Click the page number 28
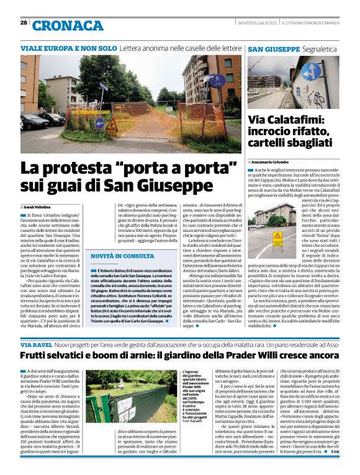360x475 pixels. pos(23,23)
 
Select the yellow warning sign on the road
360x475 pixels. pos(278,236)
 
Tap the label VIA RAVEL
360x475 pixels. pos(35,344)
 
